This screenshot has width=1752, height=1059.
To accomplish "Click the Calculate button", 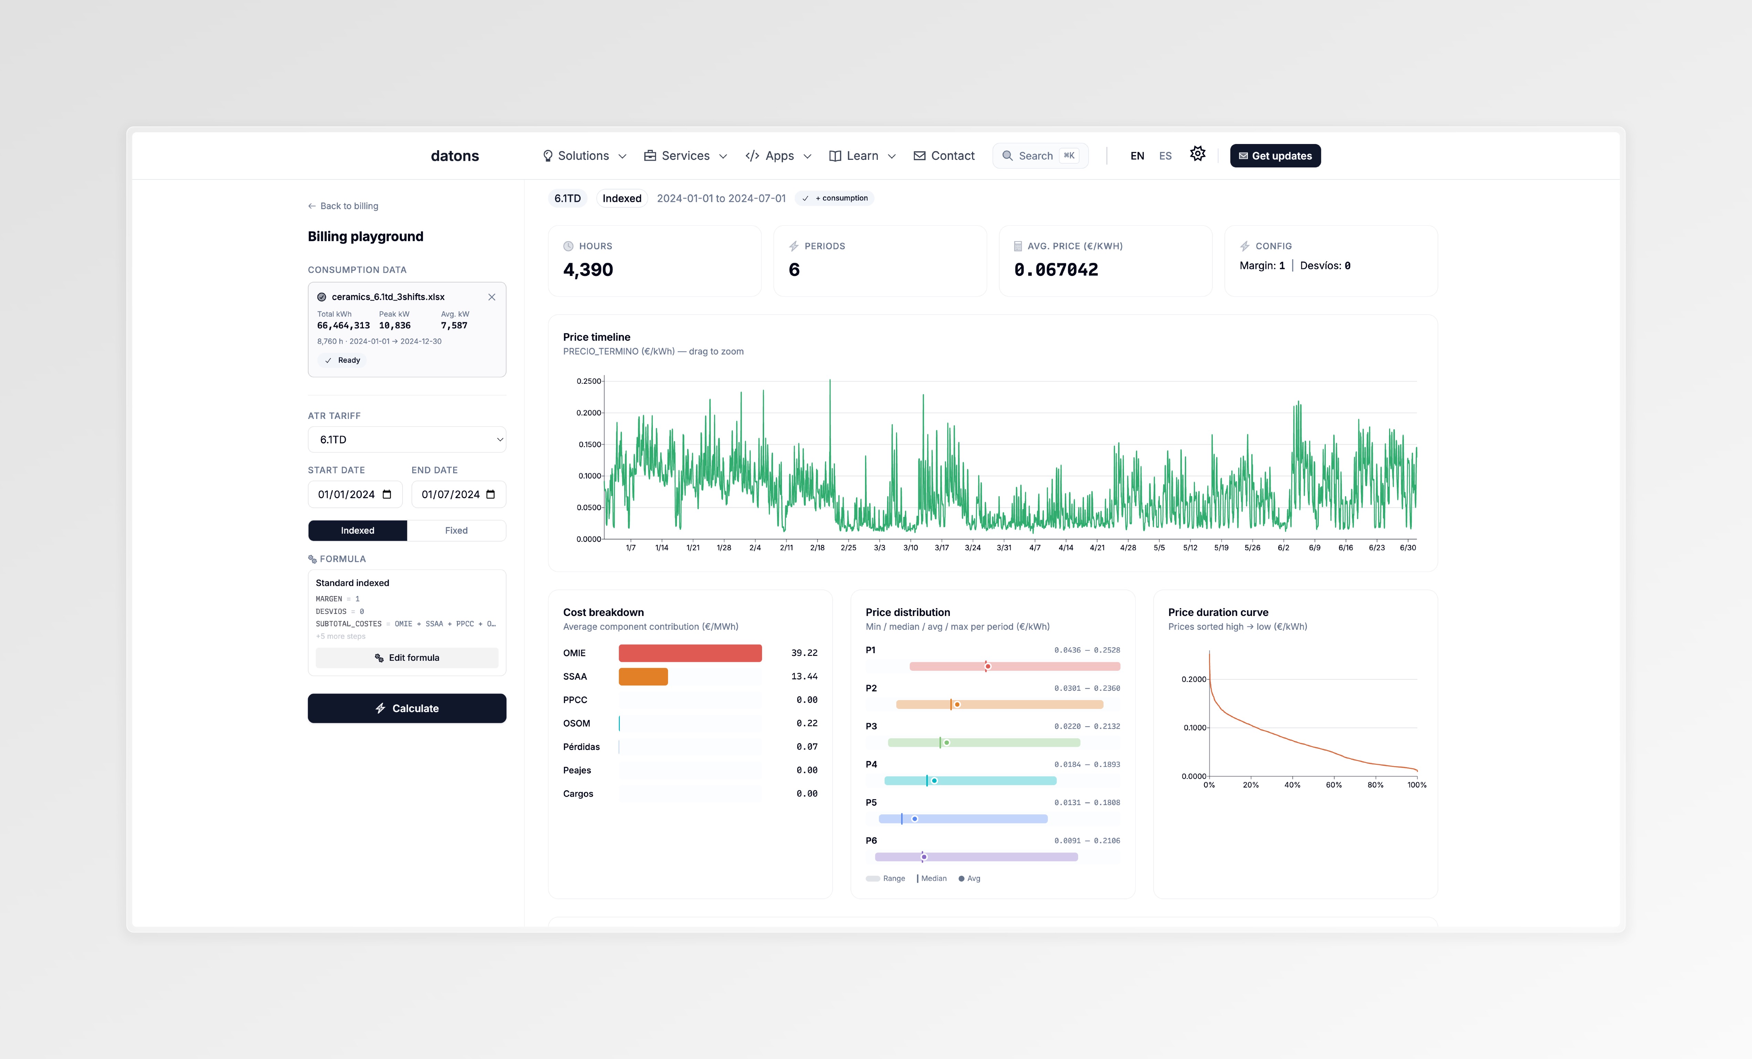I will [407, 708].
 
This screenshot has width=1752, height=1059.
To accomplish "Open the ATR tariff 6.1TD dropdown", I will [407, 440].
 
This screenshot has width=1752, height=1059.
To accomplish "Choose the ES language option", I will [1165, 156].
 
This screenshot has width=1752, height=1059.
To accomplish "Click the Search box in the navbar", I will [1040, 156].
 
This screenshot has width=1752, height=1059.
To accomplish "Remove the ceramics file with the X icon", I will [491, 297].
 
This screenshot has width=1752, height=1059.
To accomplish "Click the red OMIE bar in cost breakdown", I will [690, 653].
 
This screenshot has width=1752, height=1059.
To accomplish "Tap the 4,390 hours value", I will [588, 270].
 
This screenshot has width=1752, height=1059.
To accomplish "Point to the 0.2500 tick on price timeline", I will [589, 381].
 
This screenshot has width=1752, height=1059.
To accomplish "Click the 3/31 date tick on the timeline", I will [1003, 548].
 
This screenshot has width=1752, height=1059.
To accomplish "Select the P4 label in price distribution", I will [871, 764].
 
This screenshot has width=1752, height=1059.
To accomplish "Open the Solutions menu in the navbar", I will [584, 156].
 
